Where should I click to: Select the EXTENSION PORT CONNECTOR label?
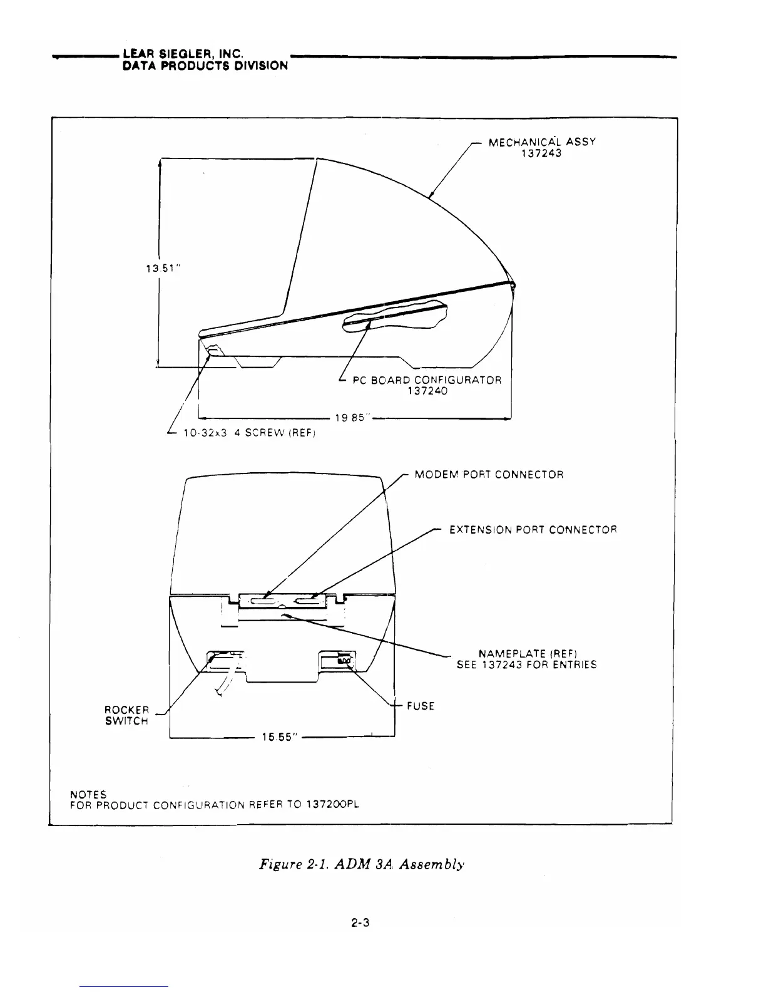click(x=533, y=530)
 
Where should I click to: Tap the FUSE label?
click(x=420, y=706)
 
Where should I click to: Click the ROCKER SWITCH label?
click(x=126, y=715)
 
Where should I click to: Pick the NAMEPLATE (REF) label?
click(x=531, y=654)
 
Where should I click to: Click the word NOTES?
click(x=88, y=795)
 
